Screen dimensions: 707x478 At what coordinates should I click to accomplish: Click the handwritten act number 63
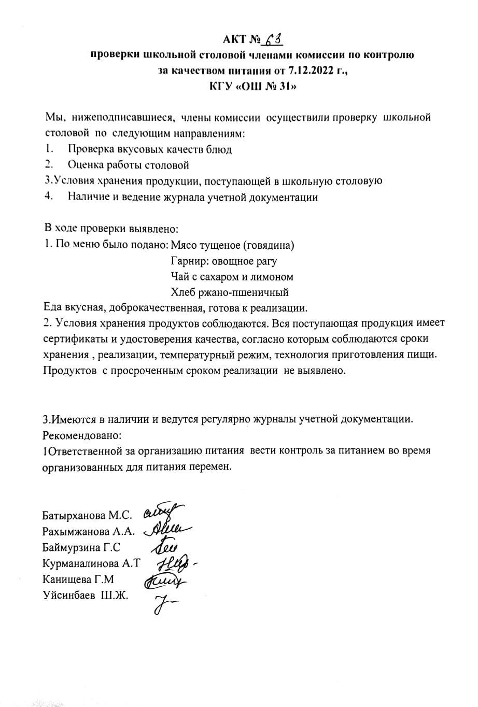(273, 39)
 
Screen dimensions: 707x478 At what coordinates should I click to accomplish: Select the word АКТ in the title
(233, 39)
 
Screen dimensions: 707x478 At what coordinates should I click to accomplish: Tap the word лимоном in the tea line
(273, 277)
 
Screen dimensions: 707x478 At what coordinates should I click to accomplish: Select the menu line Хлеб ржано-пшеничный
(230, 292)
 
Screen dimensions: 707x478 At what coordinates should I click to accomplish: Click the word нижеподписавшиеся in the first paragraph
(120, 118)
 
